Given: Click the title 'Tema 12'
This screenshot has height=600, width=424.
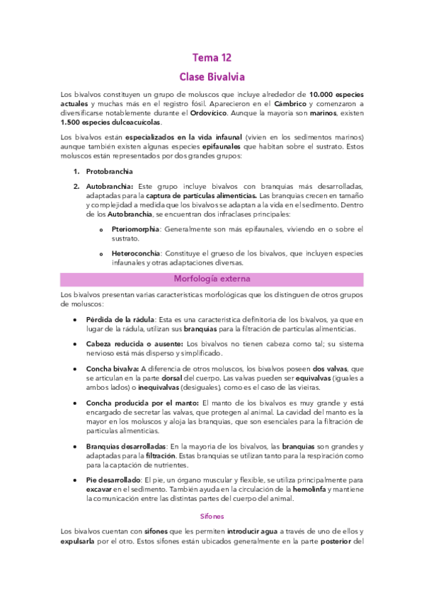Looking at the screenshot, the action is click(x=212, y=57).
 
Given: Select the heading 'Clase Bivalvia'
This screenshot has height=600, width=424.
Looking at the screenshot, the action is click(x=212, y=76).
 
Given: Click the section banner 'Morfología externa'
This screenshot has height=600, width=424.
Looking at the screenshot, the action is click(x=212, y=279).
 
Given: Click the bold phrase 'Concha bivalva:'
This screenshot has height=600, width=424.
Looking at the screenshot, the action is click(x=112, y=369).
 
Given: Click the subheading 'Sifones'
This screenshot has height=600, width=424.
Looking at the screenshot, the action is click(x=212, y=517).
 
